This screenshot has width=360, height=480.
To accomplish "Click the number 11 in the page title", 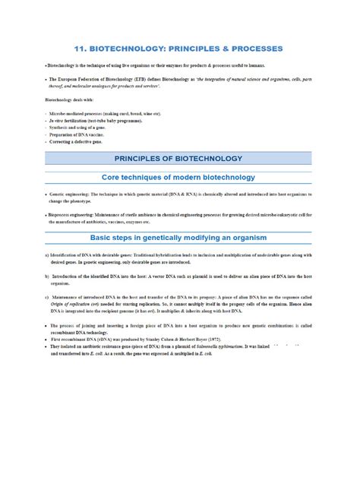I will pos(83,49).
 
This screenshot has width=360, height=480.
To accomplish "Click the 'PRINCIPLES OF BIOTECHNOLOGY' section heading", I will pos(178,158).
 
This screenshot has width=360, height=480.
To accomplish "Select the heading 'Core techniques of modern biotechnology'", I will pos(179,176).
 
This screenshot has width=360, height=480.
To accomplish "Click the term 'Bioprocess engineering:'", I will pos(78,216).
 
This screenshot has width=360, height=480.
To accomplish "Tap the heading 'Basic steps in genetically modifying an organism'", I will pos(179,238).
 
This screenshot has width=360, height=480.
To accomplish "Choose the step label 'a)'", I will pos(47,255).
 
